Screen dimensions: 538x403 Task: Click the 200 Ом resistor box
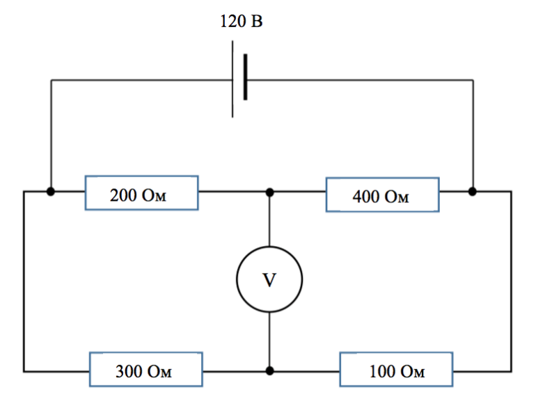[142, 176]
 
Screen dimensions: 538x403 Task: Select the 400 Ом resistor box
[383, 178]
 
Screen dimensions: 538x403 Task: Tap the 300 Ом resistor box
[146, 353]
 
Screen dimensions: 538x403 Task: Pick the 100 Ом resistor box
[396, 353]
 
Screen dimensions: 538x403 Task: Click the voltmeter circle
[237, 279]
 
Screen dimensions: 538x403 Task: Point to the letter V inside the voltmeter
[269, 280]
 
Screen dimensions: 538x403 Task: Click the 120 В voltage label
[242, 22]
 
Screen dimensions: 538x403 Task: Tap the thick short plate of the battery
[245, 77]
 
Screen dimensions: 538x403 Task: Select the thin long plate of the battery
[232, 79]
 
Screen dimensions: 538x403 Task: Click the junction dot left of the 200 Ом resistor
[51, 191]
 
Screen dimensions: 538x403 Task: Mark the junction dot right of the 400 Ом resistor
[473, 191]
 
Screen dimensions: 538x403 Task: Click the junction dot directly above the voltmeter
[269, 192]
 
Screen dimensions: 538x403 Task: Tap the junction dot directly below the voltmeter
[269, 370]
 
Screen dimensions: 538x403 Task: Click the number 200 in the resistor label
[123, 195]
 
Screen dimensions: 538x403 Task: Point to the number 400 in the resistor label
[366, 197]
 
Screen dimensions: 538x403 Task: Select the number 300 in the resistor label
[129, 372]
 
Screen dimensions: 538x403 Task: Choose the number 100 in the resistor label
[382, 372]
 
